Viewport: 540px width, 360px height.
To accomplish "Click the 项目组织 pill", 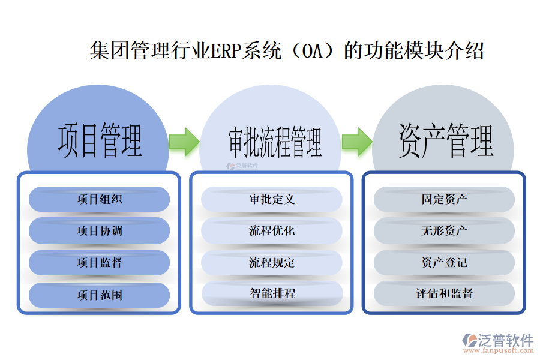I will pos(99,199).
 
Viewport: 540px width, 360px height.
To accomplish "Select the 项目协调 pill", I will pos(99,231).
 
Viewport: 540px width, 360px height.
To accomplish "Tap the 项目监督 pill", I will pos(99,263).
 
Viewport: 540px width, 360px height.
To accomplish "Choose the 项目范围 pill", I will pos(99,295).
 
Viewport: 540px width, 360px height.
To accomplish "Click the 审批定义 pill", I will pos(272,199).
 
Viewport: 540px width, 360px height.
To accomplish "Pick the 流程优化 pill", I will pos(272,231).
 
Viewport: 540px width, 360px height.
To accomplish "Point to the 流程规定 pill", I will pos(272,263).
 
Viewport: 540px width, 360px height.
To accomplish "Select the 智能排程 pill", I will pos(272,294).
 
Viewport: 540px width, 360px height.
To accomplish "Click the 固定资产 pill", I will pos(444,199).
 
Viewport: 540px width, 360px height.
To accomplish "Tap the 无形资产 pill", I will pos(444,231).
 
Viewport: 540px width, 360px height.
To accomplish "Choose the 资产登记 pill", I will pos(444,263).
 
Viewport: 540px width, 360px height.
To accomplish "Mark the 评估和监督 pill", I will pos(444,294).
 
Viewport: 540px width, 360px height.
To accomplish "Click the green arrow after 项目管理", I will pos(184,142).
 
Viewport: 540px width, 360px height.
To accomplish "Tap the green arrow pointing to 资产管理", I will pos(357,142).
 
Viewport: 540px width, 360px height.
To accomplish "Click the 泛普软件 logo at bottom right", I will pos(497,340).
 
